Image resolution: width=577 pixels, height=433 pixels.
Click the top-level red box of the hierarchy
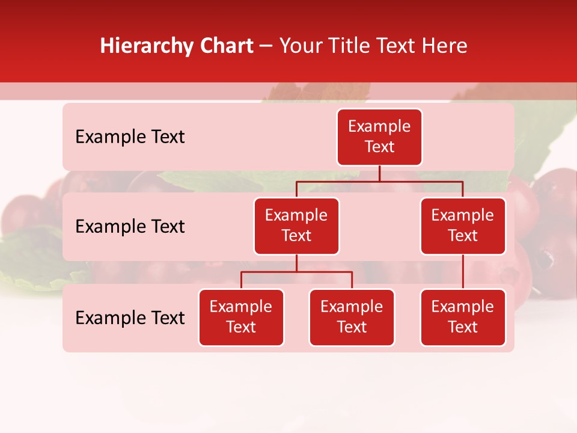(379, 137)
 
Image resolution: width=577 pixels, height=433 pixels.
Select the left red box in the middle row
(296, 226)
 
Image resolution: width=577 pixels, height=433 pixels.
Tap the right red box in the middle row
(463, 226)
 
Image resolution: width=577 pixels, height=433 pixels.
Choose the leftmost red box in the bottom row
(241, 317)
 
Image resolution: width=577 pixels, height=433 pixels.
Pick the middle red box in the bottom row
(352, 317)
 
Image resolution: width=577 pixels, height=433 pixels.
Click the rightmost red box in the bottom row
(463, 317)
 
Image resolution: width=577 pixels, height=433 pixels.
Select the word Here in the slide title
(445, 46)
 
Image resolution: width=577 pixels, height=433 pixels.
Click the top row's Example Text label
(130, 137)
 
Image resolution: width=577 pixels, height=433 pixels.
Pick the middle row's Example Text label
(130, 227)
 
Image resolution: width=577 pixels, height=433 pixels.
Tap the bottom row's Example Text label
(130, 318)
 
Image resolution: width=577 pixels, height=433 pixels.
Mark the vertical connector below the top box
(379, 173)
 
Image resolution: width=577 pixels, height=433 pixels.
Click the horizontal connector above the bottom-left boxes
(296, 272)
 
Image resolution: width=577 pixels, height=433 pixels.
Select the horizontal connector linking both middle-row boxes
(379, 181)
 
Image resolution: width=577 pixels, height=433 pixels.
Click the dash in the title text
(266, 46)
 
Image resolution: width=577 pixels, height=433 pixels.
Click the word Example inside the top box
(379, 126)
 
